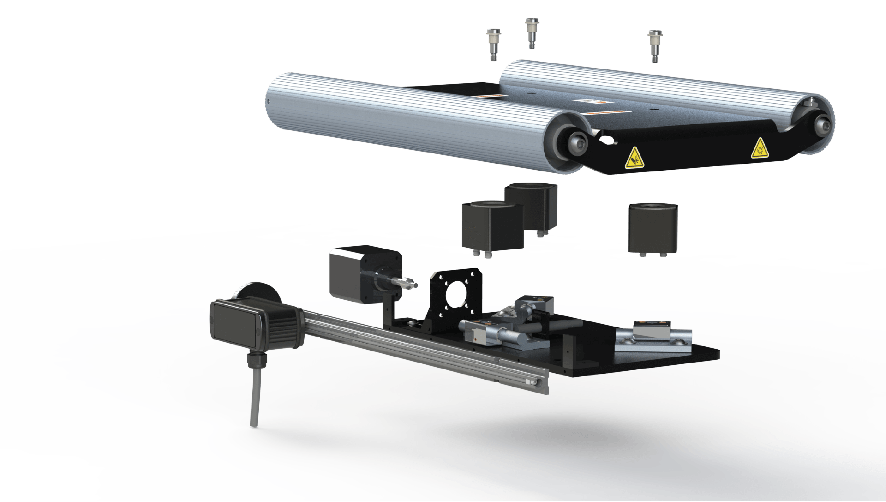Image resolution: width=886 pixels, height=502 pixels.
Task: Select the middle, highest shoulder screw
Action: point(531,33)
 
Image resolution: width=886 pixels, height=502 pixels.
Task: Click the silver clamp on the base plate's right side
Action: point(653,340)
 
